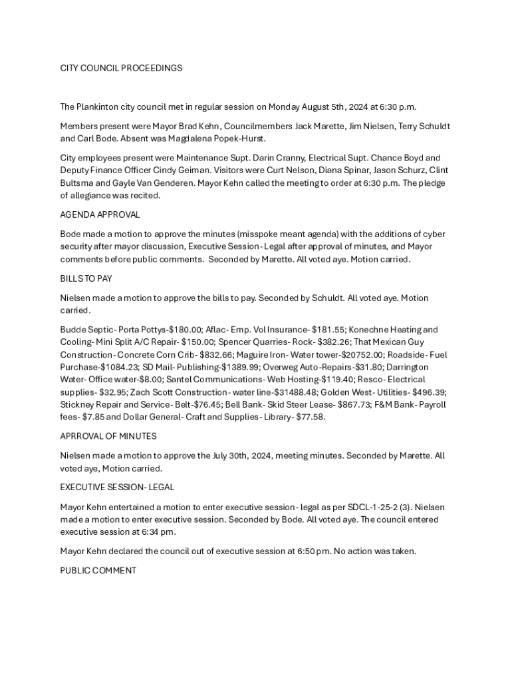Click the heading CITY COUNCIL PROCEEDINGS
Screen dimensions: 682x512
pyautogui.click(x=121, y=68)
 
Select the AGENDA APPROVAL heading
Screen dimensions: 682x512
pyautogui.click(x=100, y=214)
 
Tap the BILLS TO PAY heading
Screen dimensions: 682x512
pyautogui.click(x=86, y=278)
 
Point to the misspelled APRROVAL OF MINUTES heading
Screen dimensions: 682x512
pyautogui.click(x=108, y=436)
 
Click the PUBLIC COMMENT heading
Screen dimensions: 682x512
pyautogui.click(x=98, y=570)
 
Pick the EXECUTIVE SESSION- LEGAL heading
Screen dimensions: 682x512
pyautogui.click(x=117, y=487)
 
